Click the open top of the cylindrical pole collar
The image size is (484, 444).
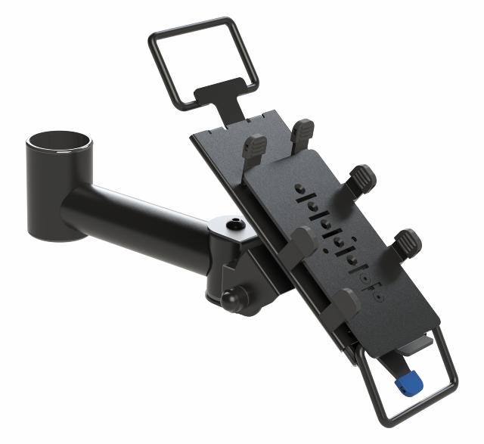(60, 141)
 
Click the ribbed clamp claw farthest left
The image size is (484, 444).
(254, 147)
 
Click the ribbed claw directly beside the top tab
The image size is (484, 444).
(302, 134)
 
